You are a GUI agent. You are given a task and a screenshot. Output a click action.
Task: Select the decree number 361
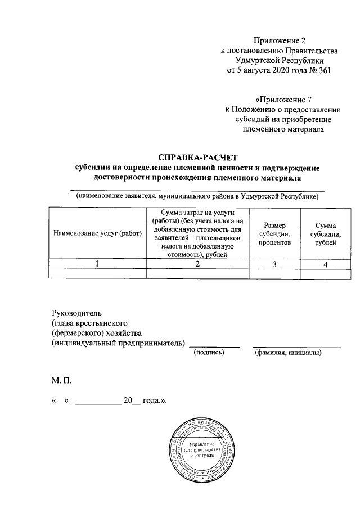pos(324,70)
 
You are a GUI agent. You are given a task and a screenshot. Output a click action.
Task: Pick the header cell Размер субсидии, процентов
pos(275,233)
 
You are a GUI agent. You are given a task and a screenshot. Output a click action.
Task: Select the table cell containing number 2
pos(197,264)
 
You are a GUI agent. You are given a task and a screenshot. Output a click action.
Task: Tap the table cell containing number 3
pos(275,264)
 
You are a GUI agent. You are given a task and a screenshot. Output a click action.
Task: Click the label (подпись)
pos(209,353)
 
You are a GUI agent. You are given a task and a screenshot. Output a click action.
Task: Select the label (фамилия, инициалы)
pos(288,353)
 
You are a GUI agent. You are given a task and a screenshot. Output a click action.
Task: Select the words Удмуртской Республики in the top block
pos(280,60)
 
